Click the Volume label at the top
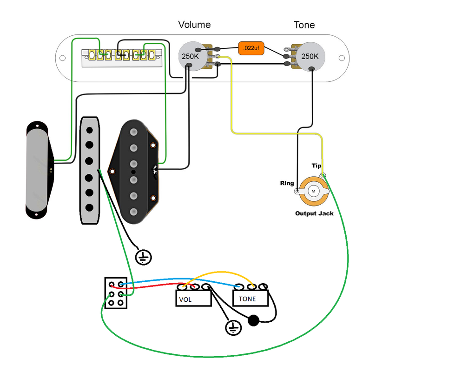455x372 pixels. point(194,25)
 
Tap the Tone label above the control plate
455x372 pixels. point(304,25)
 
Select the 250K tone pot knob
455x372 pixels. point(310,56)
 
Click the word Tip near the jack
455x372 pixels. point(317,166)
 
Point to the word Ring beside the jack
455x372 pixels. point(287,183)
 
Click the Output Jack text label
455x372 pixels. point(314,214)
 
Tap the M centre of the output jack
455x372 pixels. point(313,191)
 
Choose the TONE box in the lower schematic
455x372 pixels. point(251,298)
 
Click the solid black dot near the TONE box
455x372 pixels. point(253,320)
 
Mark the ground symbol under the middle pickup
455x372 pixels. point(144,257)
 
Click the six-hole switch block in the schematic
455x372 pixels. point(116,293)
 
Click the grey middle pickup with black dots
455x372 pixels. point(89,170)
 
